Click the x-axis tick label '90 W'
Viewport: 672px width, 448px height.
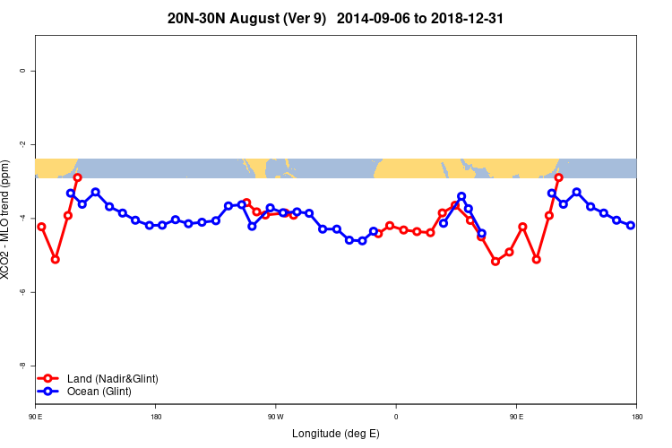tap(275, 417)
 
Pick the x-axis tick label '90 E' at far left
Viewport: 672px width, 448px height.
tap(35, 417)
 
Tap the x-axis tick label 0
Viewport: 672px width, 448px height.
tap(395, 417)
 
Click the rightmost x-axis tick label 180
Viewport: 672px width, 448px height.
tap(636, 417)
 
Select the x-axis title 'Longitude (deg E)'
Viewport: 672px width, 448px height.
tap(336, 434)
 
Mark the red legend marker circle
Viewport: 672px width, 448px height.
tap(50, 379)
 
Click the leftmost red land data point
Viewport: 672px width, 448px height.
tap(41, 227)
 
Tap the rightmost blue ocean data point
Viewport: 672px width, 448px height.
tap(631, 225)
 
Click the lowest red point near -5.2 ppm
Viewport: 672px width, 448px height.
tap(495, 261)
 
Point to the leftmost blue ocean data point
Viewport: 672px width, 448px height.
tap(71, 194)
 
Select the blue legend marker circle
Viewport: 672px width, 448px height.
tap(50, 392)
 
